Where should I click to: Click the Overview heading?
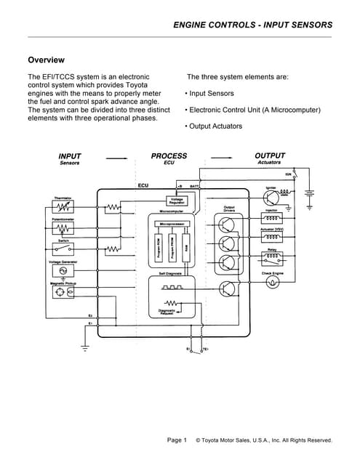point(46,60)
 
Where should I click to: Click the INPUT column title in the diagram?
point(70,156)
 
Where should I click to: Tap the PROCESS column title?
point(169,156)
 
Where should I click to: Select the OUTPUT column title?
point(269,156)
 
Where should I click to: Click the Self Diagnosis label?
point(170,273)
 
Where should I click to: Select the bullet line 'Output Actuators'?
point(215,126)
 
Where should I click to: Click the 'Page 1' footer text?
point(177,440)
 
